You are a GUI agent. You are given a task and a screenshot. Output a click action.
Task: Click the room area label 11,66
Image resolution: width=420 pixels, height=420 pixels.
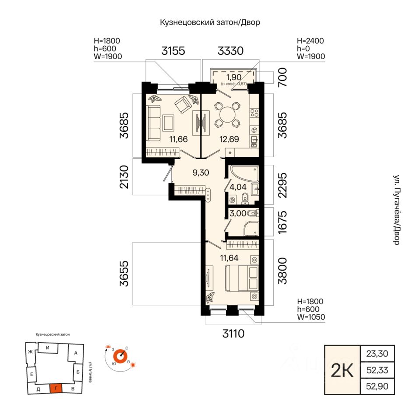click(x=178, y=139)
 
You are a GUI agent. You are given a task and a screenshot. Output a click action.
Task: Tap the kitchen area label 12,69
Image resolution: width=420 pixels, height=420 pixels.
click(x=229, y=139)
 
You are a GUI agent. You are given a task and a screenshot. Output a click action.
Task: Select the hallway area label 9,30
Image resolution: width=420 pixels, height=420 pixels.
click(x=201, y=173)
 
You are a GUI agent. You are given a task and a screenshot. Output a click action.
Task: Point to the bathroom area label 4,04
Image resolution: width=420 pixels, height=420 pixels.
click(x=238, y=187)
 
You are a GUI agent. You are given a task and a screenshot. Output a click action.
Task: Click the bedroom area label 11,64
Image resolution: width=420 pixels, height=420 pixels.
click(x=229, y=258)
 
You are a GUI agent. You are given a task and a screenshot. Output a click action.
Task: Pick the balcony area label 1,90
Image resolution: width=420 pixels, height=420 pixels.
click(x=234, y=77)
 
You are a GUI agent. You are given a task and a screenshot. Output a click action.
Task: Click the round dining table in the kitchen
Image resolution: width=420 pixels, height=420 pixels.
click(x=227, y=115)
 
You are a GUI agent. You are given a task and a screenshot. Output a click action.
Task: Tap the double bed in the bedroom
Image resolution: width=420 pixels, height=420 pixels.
click(x=242, y=278)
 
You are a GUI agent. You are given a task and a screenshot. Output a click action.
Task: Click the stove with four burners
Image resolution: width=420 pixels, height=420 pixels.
click(x=254, y=113)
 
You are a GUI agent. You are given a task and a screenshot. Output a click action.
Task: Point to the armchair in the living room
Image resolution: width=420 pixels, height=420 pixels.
click(x=183, y=105)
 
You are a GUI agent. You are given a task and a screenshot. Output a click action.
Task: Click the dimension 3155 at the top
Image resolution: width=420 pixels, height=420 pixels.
click(x=173, y=51)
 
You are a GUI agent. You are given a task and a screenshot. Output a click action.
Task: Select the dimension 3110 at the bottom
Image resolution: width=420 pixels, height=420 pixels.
click(x=234, y=334)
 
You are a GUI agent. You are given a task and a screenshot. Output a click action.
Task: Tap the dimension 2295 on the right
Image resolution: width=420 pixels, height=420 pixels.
click(x=283, y=185)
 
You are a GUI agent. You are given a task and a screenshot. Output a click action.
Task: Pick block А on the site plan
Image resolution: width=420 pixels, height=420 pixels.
click(x=75, y=353)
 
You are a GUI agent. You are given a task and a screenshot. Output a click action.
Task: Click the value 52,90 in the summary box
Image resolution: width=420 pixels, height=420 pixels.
click(x=377, y=386)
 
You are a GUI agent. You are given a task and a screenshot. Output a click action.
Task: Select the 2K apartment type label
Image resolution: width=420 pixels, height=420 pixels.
click(x=342, y=370)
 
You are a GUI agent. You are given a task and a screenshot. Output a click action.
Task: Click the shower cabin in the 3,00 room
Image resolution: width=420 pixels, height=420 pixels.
click(x=251, y=229)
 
